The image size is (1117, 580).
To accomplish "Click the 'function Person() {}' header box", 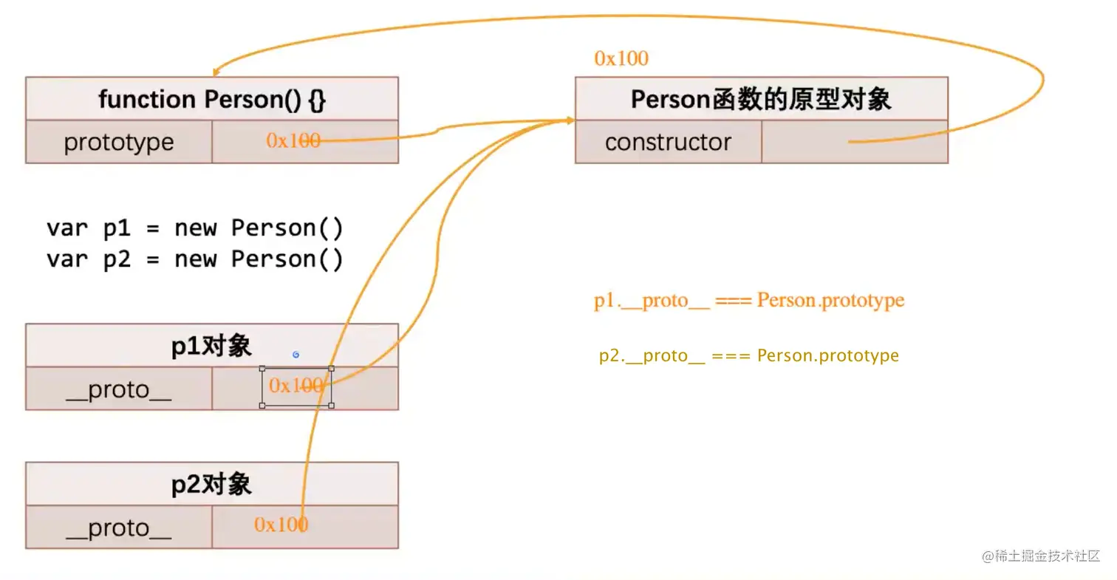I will tap(211, 99).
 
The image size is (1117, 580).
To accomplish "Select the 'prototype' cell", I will tap(119, 142).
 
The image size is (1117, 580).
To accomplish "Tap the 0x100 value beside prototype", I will tap(293, 140).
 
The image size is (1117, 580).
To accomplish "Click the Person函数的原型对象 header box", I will tap(761, 99).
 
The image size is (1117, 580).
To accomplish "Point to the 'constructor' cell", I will tap(668, 142).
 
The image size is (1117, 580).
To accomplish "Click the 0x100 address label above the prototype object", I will tap(621, 58).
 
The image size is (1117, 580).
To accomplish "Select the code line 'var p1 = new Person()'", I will tap(195, 228).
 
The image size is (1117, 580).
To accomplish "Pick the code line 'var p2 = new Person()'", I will tap(195, 259).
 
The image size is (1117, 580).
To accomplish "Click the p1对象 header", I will tap(211, 346).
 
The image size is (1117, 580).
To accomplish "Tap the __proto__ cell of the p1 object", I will tap(119, 389).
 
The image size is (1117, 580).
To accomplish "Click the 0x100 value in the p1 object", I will tap(296, 386).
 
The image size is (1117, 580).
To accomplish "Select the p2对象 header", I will tap(211, 485).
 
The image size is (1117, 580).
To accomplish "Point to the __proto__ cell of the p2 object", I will tap(119, 528).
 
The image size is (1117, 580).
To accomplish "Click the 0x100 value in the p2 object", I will tap(281, 525).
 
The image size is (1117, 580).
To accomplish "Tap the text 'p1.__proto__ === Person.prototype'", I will tap(749, 301).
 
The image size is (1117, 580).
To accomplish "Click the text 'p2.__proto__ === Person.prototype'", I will tap(749, 355).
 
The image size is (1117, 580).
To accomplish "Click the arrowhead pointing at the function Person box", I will tap(216, 72).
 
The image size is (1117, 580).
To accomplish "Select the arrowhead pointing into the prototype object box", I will tap(570, 120).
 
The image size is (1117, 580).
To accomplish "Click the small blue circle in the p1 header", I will tap(296, 355).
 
